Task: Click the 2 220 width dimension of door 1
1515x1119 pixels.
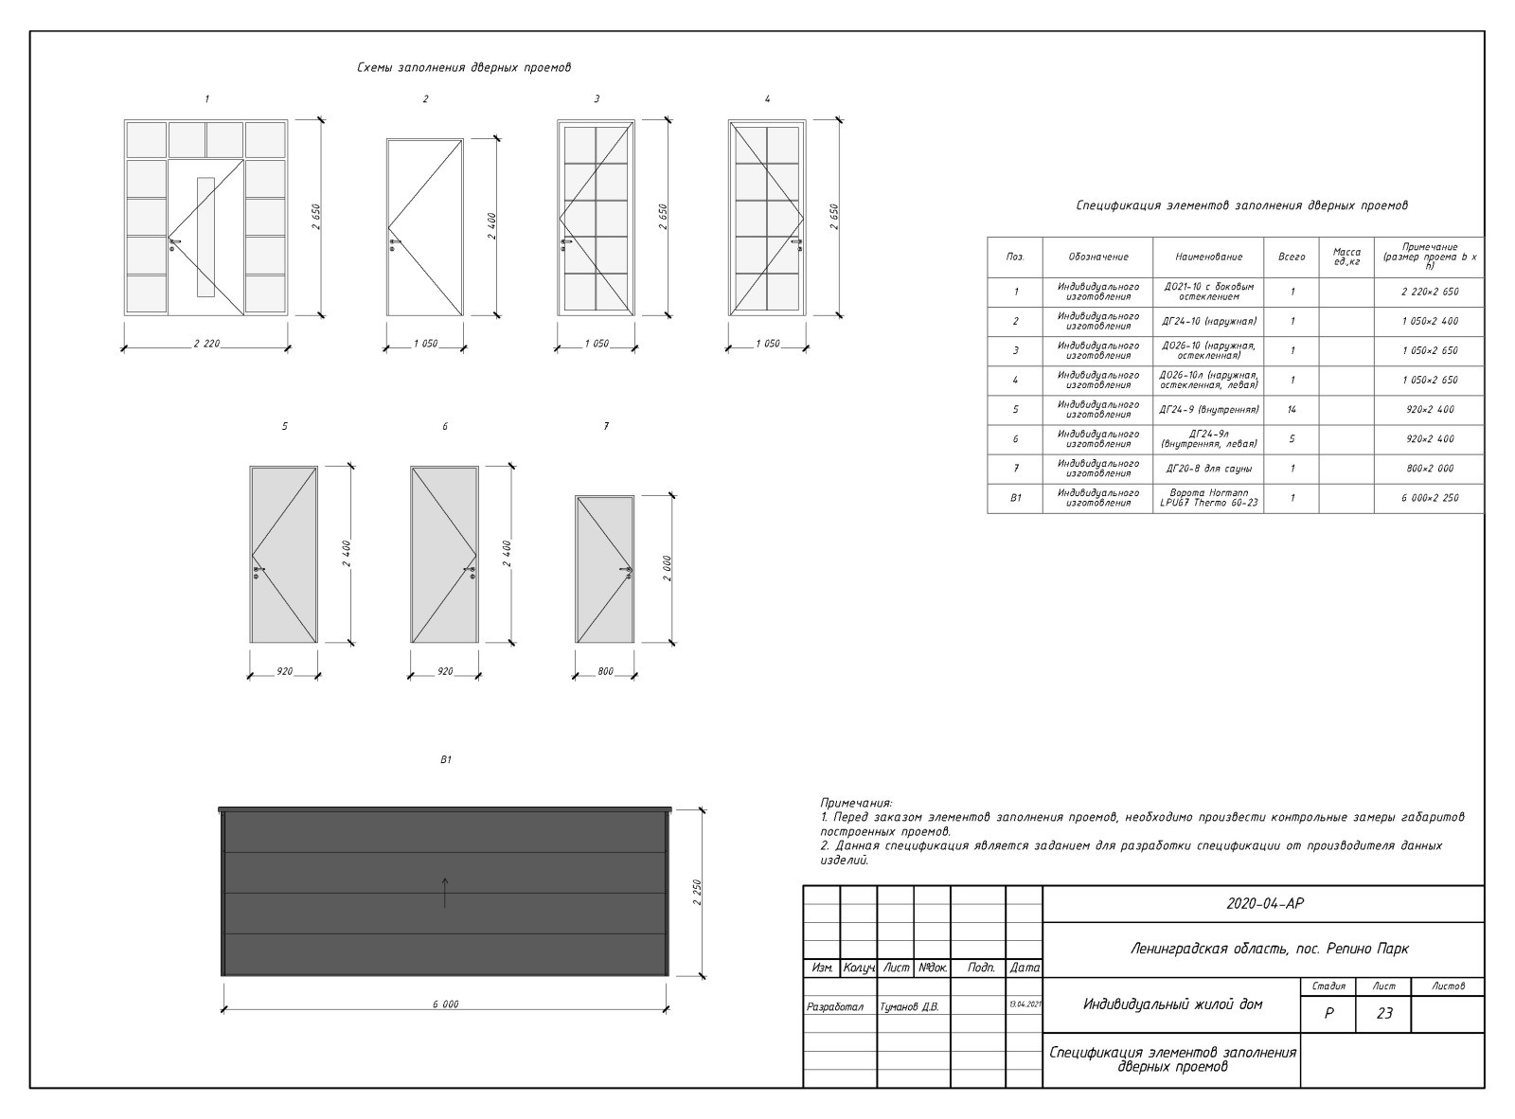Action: point(207,344)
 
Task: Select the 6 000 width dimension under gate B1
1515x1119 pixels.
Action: point(445,1004)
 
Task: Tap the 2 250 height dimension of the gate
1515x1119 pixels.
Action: point(697,892)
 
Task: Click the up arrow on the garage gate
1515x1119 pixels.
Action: point(445,893)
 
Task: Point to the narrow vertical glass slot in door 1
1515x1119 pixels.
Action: point(205,237)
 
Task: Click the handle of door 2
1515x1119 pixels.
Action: point(395,244)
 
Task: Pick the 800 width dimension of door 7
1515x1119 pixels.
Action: point(606,671)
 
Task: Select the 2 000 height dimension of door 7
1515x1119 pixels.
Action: point(668,568)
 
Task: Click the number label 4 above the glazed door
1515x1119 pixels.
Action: point(767,99)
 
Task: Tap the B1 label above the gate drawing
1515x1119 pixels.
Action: point(445,759)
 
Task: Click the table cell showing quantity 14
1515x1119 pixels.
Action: point(1291,410)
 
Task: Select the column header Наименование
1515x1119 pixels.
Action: point(1208,257)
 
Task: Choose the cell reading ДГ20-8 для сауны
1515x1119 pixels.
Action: point(1208,469)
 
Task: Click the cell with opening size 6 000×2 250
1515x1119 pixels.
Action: point(1429,498)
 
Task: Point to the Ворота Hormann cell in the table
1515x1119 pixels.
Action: point(1208,498)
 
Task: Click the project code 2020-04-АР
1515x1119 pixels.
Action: point(1264,904)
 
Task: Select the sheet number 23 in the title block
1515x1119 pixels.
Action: point(1383,1013)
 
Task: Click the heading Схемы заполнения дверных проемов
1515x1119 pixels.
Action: point(464,67)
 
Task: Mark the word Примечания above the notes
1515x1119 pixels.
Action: point(856,804)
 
